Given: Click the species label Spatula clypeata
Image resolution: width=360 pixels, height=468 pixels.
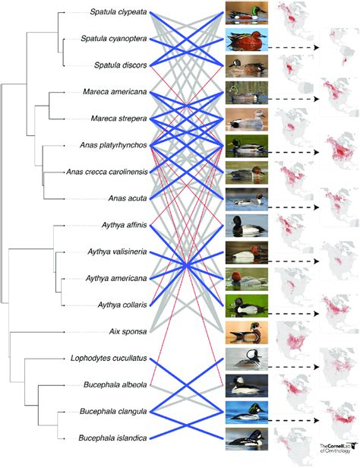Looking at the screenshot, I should click(118, 13).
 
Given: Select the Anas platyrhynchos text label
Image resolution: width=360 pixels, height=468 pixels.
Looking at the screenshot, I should click(113, 144).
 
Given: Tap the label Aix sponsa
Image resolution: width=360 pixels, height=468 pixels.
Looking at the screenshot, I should click(126, 332).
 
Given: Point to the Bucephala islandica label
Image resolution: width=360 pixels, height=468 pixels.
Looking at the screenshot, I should click(115, 438).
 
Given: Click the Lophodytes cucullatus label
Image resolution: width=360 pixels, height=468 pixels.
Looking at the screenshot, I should click(109, 358).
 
